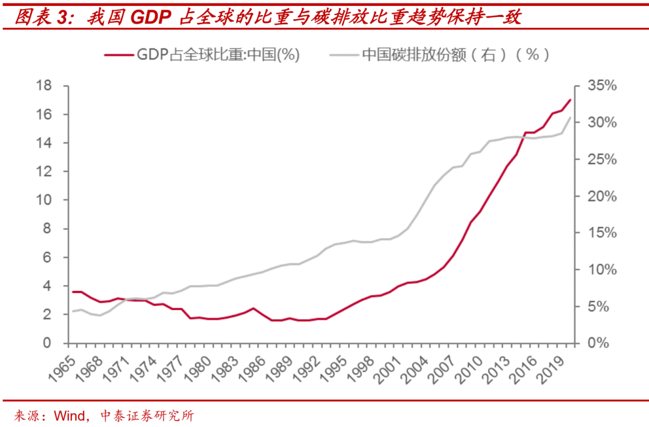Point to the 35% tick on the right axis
[x=600, y=86]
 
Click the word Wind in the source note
[x=70, y=416]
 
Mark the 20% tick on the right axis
[x=600, y=196]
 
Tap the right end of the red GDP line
[x=570, y=100]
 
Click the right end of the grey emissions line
[x=570, y=118]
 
